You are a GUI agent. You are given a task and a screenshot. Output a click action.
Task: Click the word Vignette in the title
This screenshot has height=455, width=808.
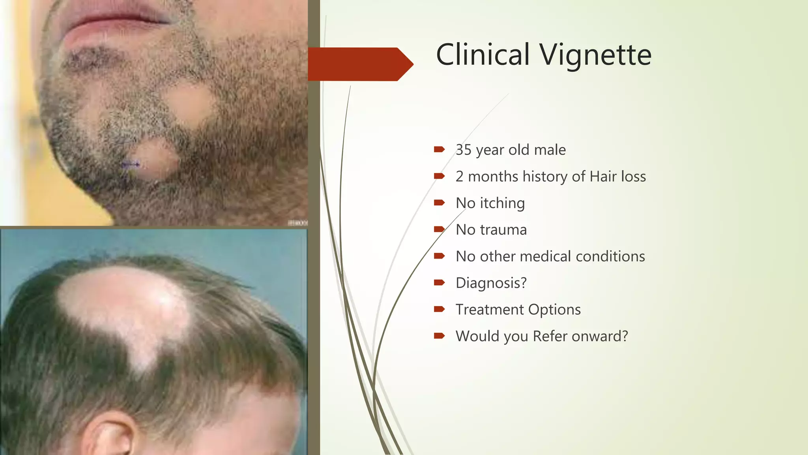pyautogui.click(x=596, y=55)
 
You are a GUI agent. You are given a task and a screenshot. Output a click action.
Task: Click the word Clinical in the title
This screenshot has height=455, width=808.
pyautogui.click(x=483, y=55)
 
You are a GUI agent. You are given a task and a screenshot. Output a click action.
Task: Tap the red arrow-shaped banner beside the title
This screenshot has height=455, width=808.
pyautogui.click(x=359, y=64)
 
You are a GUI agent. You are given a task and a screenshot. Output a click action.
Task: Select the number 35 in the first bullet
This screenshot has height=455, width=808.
pyautogui.click(x=463, y=150)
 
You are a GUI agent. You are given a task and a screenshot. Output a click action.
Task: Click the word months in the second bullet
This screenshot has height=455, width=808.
pyautogui.click(x=493, y=177)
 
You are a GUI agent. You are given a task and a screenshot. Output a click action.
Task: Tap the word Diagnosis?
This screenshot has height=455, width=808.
pyautogui.click(x=491, y=283)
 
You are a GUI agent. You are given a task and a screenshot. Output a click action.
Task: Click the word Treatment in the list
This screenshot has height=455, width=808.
pyautogui.click(x=490, y=310)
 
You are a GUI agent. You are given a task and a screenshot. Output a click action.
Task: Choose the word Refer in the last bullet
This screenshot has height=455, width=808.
pyautogui.click(x=550, y=336)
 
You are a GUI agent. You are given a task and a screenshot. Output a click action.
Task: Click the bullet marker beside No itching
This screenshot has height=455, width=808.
pyautogui.click(x=439, y=203)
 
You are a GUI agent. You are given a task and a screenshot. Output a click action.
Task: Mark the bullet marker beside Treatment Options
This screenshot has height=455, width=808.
pyautogui.click(x=439, y=309)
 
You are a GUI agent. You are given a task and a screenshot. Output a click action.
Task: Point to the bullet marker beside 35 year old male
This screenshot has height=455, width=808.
pyautogui.click(x=439, y=149)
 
